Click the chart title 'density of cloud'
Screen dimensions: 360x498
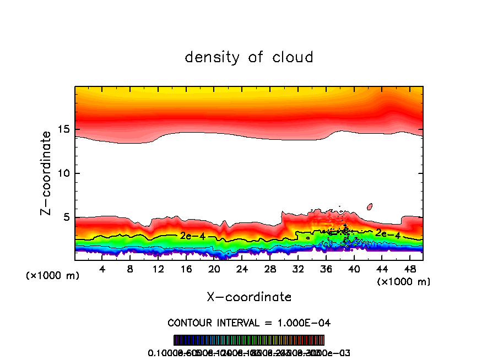click(x=249, y=57)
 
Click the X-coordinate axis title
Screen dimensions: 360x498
click(x=249, y=297)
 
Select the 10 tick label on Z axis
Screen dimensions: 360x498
click(x=63, y=173)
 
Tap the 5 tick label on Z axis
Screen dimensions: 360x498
click(x=66, y=217)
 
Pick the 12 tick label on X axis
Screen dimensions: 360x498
click(x=158, y=269)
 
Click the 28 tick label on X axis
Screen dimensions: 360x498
click(x=270, y=269)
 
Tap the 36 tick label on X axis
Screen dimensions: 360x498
click(x=326, y=269)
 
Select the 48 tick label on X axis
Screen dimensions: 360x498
click(x=409, y=269)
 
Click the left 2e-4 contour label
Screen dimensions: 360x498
click(x=192, y=236)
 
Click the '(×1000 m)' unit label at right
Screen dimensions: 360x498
click(x=403, y=282)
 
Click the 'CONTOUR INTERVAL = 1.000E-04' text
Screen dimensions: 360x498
click(x=249, y=323)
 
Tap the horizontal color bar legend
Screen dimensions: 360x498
click(x=249, y=340)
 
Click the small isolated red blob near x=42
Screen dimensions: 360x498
click(x=370, y=206)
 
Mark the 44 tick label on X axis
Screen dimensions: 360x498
click(x=382, y=269)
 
